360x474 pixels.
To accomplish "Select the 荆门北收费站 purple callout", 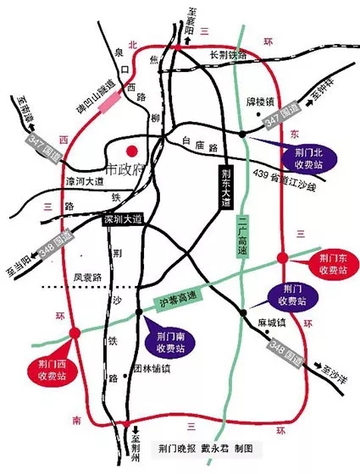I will (x=298, y=155).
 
